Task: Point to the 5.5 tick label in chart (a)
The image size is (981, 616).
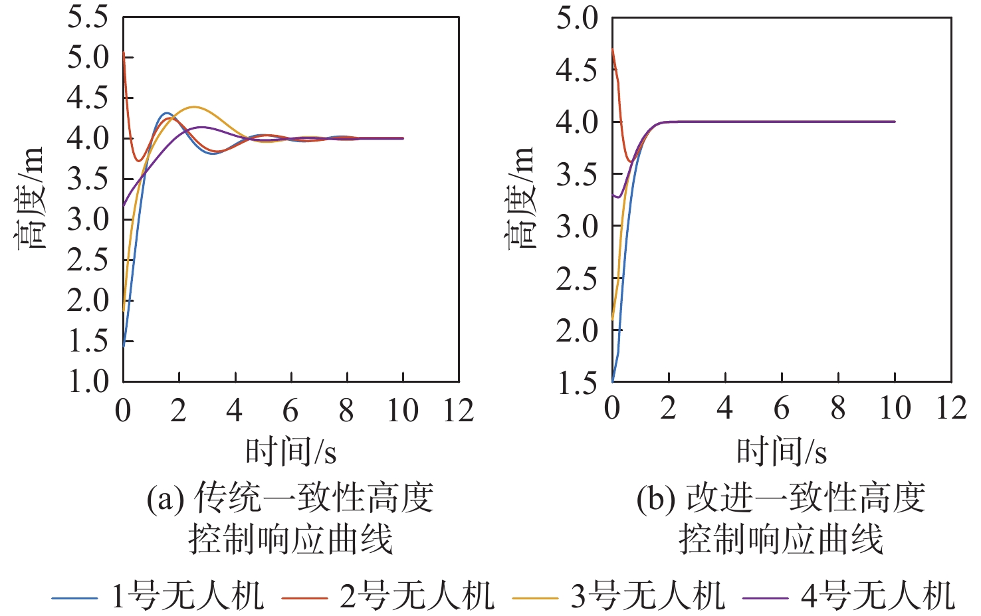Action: (88, 17)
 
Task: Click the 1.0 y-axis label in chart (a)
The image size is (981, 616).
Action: (88, 381)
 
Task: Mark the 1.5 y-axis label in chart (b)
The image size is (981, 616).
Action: (577, 383)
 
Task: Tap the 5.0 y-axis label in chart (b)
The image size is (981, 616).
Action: (577, 18)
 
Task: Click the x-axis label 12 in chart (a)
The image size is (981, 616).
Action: (458, 411)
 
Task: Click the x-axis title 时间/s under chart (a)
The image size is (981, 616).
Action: (290, 453)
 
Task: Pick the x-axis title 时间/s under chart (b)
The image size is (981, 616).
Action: (781, 453)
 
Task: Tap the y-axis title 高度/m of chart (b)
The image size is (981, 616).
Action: (520, 198)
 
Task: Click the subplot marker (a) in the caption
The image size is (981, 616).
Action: (165, 498)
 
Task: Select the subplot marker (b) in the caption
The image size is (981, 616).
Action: (656, 498)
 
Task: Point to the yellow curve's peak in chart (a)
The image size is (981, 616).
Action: (193, 107)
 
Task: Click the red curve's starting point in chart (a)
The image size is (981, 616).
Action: (124, 52)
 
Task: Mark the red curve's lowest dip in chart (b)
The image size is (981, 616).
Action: (631, 161)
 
